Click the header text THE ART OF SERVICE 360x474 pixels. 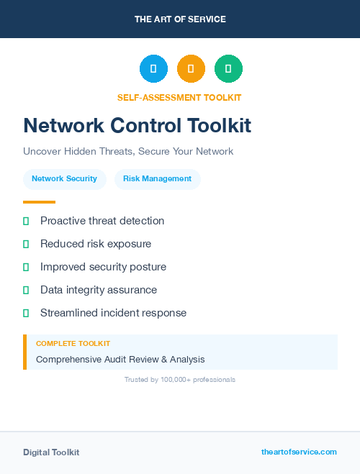pyautogui.click(x=180, y=19)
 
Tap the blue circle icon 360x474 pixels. pyautogui.click(x=153, y=68)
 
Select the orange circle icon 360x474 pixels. pyautogui.click(x=191, y=68)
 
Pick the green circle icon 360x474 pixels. pyautogui.click(x=228, y=68)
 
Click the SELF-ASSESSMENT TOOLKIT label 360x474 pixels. pyautogui.click(x=180, y=97)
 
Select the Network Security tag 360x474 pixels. pyautogui.click(x=64, y=178)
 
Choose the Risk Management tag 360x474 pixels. pyautogui.click(x=157, y=178)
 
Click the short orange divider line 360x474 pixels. pyautogui.click(x=39, y=202)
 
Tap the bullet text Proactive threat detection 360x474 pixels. pyautogui.click(x=102, y=221)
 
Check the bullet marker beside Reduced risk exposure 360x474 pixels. pyautogui.click(x=26, y=244)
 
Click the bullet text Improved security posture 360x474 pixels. pyautogui.click(x=103, y=267)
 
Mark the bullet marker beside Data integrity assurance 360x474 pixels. pyautogui.click(x=26, y=290)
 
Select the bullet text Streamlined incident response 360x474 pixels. pyautogui.click(x=113, y=313)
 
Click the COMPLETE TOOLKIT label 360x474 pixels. pyautogui.click(x=73, y=344)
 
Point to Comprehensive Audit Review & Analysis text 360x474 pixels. pyautogui.click(x=120, y=359)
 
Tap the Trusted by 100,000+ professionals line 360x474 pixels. pyautogui.click(x=180, y=379)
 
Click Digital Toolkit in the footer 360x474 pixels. pyautogui.click(x=51, y=452)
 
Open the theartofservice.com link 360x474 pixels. pyautogui.click(x=299, y=452)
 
